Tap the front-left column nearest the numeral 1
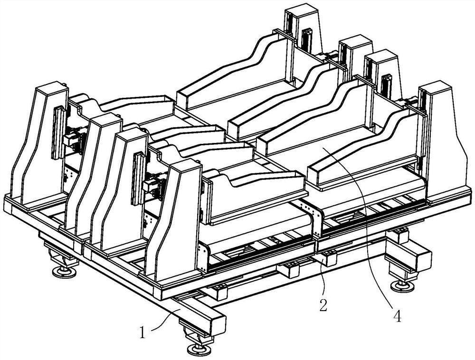pyautogui.click(x=173, y=223)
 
